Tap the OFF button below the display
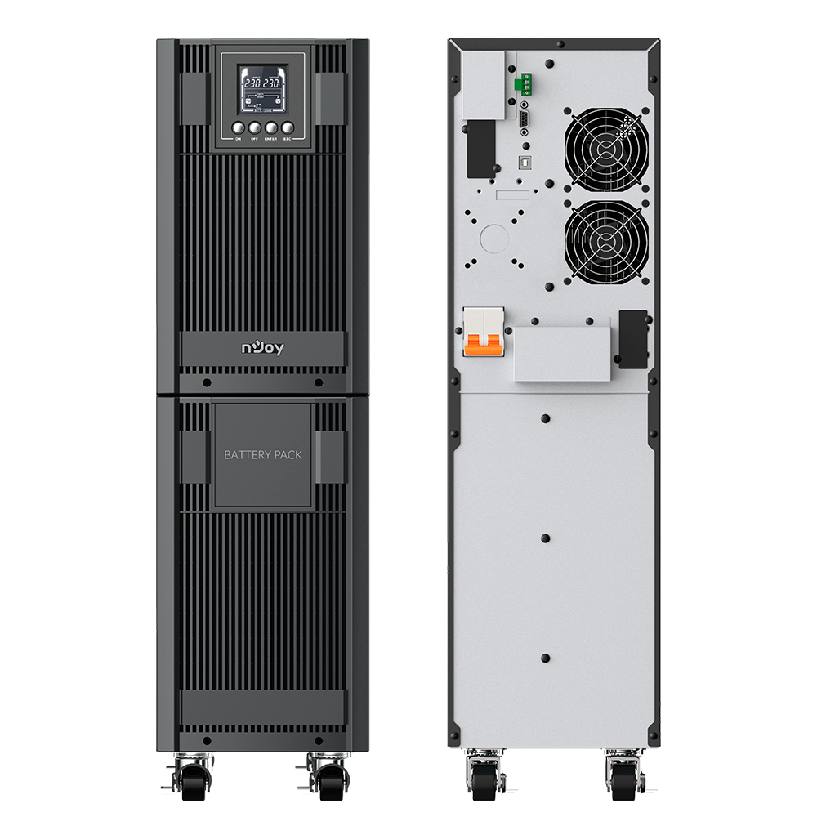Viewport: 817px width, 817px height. [x=253, y=127]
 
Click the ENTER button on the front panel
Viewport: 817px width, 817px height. [x=270, y=127]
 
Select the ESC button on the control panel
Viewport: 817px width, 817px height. [x=287, y=127]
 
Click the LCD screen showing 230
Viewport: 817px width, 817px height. [x=261, y=90]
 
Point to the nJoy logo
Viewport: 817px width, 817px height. [x=262, y=348]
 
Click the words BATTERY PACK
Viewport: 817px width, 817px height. [x=262, y=454]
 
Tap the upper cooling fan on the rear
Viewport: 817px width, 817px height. [x=606, y=147]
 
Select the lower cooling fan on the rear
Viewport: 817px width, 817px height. [x=606, y=241]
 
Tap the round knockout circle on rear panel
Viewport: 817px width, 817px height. [x=493, y=238]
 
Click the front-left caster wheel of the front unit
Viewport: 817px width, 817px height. [x=189, y=779]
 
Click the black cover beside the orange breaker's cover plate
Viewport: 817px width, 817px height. [x=633, y=338]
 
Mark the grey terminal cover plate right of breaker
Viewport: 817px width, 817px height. [x=562, y=354]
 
